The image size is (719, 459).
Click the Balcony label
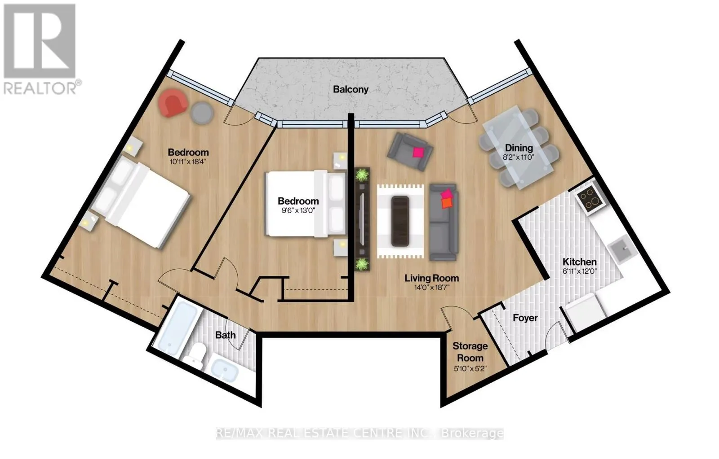[x=351, y=89]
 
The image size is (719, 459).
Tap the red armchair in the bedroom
[x=173, y=103]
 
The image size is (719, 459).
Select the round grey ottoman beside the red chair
[x=202, y=113]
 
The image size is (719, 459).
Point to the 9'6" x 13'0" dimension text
[x=298, y=210]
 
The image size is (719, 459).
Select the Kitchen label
[x=579, y=262]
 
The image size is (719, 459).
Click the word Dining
[x=519, y=148]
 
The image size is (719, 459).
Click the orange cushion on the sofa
[x=446, y=202]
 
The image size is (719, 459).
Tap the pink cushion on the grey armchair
[x=418, y=152]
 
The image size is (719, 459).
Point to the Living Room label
[x=432, y=278]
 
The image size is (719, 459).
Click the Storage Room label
[x=470, y=352]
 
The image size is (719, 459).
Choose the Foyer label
[x=525, y=318]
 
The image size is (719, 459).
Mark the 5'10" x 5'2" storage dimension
[x=470, y=369]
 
